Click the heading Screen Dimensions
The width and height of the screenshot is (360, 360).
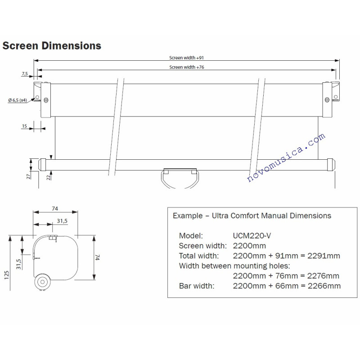tap(52, 46)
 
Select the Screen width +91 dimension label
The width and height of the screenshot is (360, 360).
tap(186, 58)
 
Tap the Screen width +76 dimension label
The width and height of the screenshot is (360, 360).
tap(187, 67)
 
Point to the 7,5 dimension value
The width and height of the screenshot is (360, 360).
tap(25, 74)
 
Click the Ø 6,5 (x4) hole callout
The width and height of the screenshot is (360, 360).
tap(18, 100)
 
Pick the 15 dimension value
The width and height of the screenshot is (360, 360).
tap(24, 126)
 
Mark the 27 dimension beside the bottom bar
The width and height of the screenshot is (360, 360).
tap(28, 176)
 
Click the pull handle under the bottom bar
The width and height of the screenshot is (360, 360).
tap(180, 178)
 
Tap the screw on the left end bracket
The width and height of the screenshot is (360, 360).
tap(46, 100)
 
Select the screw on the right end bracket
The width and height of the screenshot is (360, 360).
tap(327, 99)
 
